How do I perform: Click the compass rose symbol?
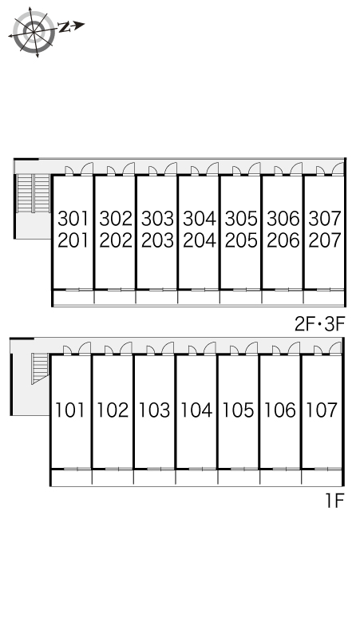click(x=34, y=31)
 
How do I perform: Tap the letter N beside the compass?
click(x=65, y=27)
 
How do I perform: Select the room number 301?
click(x=73, y=219)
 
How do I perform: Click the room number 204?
click(x=200, y=240)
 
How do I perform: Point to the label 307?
click(x=325, y=219)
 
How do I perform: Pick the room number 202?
click(x=116, y=240)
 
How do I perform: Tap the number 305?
click(x=241, y=219)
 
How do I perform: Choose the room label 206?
click(x=283, y=240)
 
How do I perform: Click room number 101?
click(x=70, y=410)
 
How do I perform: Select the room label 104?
click(x=196, y=410)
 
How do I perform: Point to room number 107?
click(x=322, y=410)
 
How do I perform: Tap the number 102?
click(x=113, y=410)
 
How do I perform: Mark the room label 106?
click(x=280, y=410)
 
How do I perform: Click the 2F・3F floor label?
click(x=320, y=324)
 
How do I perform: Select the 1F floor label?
click(x=334, y=501)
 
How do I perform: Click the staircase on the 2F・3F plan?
click(x=34, y=193)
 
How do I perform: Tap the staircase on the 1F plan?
click(x=40, y=368)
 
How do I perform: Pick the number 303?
click(x=157, y=219)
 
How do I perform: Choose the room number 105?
click(x=239, y=410)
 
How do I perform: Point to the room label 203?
click(x=157, y=240)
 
